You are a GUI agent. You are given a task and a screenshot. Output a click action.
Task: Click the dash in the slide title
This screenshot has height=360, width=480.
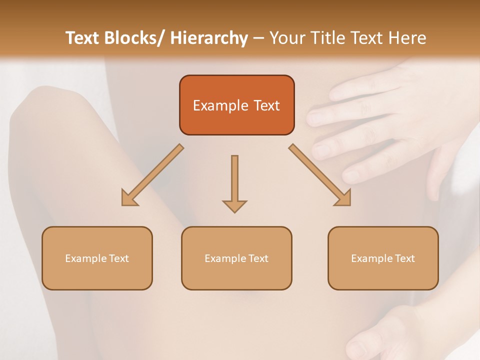(x=258, y=38)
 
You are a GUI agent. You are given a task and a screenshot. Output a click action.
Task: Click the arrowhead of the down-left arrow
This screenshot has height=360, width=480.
(x=129, y=198)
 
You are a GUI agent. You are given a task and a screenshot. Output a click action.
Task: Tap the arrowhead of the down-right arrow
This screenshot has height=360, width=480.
(x=343, y=198)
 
